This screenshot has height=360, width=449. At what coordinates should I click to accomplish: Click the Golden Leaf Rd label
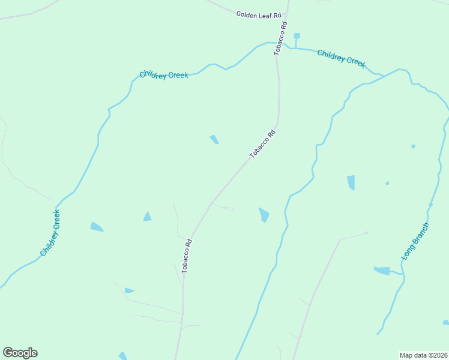[259, 14]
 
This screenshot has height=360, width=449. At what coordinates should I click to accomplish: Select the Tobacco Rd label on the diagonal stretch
[262, 144]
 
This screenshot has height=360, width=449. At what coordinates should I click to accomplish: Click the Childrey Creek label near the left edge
[50, 233]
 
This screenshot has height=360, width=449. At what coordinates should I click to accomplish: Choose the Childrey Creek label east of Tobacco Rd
[341, 58]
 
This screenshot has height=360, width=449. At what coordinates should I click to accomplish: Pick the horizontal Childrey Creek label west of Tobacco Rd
[164, 75]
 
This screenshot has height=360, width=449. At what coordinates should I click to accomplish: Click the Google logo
[20, 353]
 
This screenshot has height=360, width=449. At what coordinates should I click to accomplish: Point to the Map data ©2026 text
[423, 355]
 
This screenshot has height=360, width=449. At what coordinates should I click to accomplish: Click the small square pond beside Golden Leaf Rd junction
[297, 36]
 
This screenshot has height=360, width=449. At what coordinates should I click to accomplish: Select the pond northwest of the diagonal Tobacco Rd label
[214, 139]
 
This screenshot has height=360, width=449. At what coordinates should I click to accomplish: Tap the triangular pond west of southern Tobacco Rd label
[148, 216]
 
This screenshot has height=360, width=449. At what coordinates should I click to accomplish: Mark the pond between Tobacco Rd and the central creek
[264, 214]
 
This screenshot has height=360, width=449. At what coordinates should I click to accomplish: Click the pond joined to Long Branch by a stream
[382, 271]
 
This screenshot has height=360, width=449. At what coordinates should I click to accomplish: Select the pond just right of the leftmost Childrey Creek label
[97, 227]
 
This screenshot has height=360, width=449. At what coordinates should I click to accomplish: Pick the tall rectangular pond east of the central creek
[351, 182]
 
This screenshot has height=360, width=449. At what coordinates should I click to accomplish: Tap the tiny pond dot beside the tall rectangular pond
[387, 183]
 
